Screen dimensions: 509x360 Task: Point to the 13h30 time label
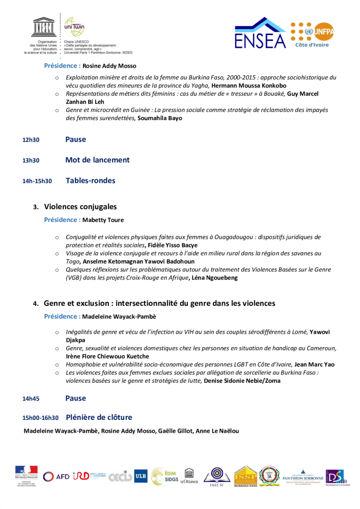point(31,160)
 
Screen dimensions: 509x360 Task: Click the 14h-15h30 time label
point(37,181)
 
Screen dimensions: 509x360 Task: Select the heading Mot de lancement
point(97,160)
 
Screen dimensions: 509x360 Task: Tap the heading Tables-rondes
point(90,181)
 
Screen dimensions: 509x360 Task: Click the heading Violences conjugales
point(80,207)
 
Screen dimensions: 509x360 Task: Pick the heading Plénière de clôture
point(99,417)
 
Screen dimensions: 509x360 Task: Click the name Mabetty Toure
point(103,220)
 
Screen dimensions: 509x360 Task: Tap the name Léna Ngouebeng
point(214,278)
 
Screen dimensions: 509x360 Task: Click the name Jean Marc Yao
point(314,364)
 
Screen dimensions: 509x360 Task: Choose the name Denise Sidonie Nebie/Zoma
point(242,381)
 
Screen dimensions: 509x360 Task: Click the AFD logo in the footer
point(57,477)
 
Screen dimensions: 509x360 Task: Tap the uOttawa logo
point(188,476)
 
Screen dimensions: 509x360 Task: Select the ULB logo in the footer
point(141,476)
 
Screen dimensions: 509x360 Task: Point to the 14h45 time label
point(31,399)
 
